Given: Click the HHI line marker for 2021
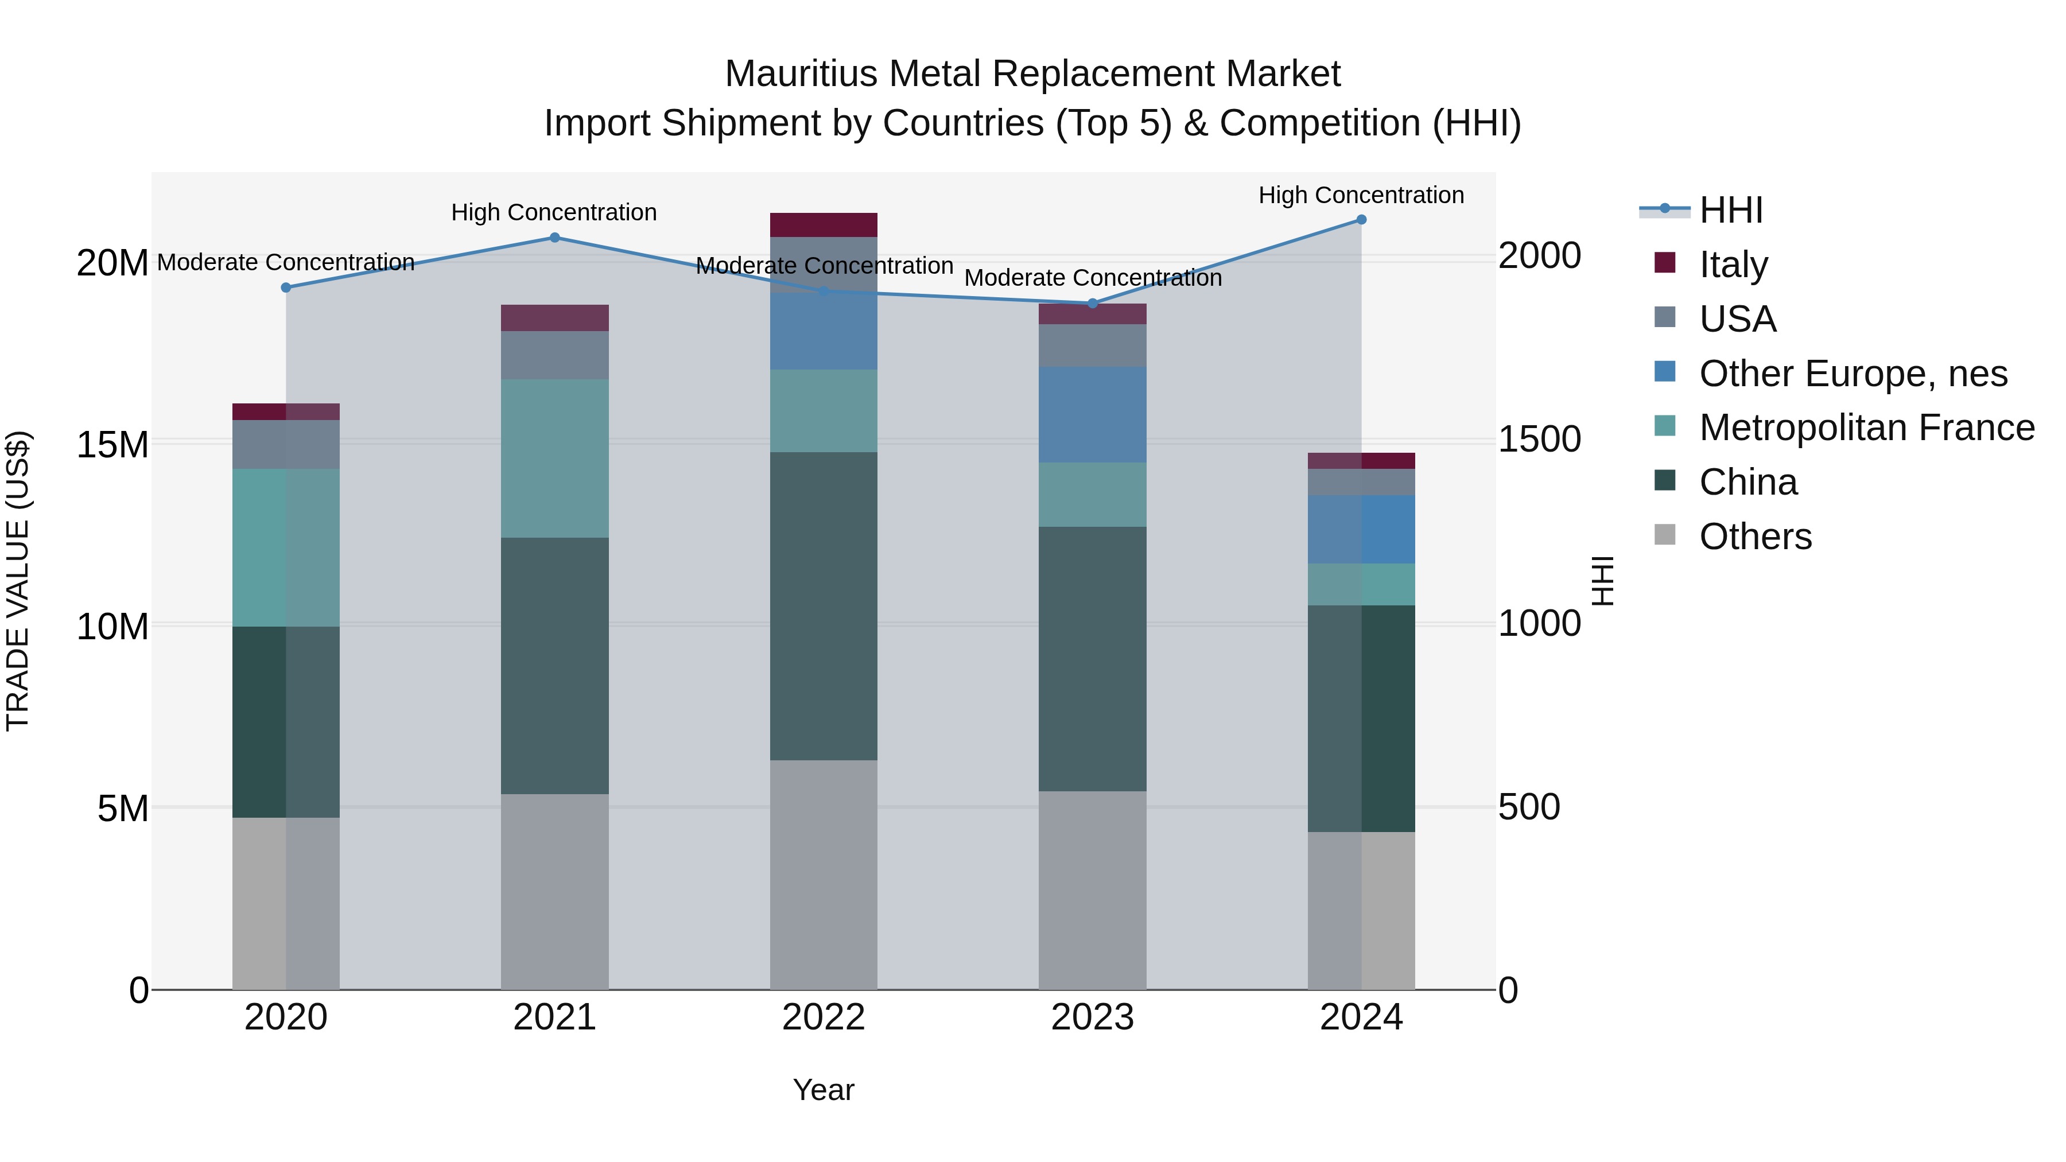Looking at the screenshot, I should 554,238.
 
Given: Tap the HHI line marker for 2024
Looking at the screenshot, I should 1361,220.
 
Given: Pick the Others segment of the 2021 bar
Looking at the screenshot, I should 554,891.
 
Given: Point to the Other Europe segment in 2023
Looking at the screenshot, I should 1092,415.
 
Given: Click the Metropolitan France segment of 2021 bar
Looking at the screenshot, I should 554,458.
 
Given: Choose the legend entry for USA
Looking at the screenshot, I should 1737,319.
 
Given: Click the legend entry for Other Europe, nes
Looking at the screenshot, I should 1853,374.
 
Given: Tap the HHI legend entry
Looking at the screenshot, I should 1731,210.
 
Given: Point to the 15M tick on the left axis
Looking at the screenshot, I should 112,444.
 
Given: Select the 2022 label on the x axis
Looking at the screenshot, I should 823,1017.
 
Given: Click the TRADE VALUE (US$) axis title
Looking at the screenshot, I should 18,581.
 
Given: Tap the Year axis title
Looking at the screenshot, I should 823,1090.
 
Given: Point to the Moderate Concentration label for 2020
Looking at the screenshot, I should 286,262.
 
